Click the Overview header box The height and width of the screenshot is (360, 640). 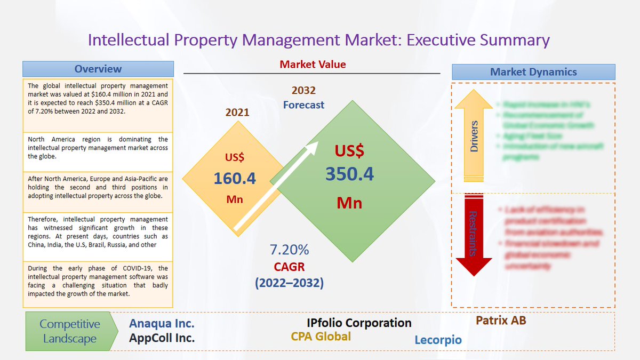pyautogui.click(x=98, y=69)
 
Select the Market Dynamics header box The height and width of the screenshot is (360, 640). pyautogui.click(x=533, y=72)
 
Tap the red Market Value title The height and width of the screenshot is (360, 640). pyautogui.click(x=313, y=65)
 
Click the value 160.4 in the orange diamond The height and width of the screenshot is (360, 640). pyautogui.click(x=235, y=178)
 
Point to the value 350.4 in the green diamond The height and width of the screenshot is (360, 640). pyautogui.click(x=350, y=174)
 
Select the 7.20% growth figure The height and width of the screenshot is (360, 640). pyautogui.click(x=290, y=250)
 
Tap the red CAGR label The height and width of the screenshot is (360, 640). pyautogui.click(x=290, y=266)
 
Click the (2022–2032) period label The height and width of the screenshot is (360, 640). pyautogui.click(x=290, y=283)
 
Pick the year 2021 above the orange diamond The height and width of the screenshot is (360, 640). pyautogui.click(x=237, y=113)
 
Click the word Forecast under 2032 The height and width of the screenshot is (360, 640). pyautogui.click(x=303, y=105)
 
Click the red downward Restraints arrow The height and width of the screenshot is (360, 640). pyautogui.click(x=474, y=235)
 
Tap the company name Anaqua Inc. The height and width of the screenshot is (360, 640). pyautogui.click(x=162, y=323)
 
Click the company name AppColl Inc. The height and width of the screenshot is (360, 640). pyautogui.click(x=162, y=338)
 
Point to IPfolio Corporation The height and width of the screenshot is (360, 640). pyautogui.click(x=359, y=323)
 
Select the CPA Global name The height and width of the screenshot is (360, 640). pyautogui.click(x=321, y=337)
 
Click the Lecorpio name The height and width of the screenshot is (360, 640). pyautogui.click(x=438, y=340)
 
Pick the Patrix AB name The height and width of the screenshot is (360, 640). pyautogui.click(x=501, y=321)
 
